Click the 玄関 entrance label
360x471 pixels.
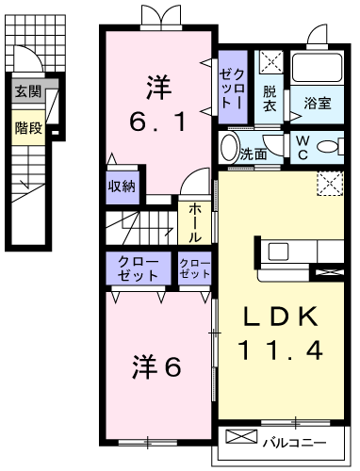[x=27, y=92]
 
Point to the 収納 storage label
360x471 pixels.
[x=123, y=186]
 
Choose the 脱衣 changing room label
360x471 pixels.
[x=270, y=99]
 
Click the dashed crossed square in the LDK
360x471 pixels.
[x=329, y=183]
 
